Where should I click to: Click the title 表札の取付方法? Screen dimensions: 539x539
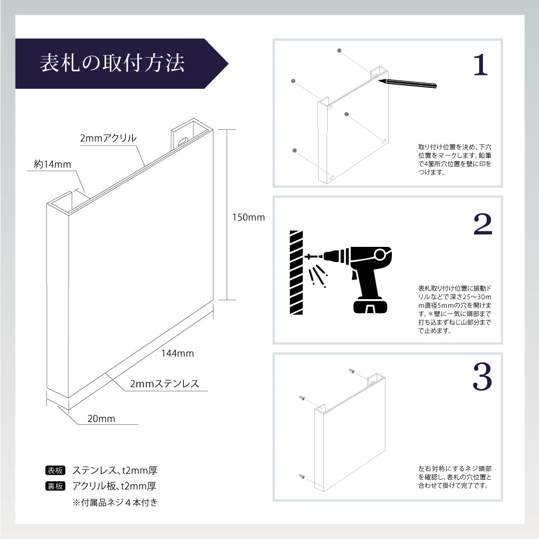(x=112, y=63)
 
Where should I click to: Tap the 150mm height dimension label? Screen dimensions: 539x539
(x=248, y=217)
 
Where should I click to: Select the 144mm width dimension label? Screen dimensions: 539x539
(x=177, y=354)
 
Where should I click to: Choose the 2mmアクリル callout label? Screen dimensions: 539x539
(x=108, y=139)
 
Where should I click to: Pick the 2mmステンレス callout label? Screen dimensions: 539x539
(x=164, y=384)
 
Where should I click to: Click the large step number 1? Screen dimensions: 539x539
(x=480, y=65)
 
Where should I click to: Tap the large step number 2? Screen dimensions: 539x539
(x=482, y=224)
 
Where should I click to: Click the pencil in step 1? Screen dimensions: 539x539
(x=407, y=84)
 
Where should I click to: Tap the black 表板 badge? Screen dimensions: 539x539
(x=56, y=471)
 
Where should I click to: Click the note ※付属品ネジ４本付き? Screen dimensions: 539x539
(x=115, y=502)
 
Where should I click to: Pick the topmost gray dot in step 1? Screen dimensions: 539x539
(x=339, y=51)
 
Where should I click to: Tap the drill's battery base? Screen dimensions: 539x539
(x=371, y=306)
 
